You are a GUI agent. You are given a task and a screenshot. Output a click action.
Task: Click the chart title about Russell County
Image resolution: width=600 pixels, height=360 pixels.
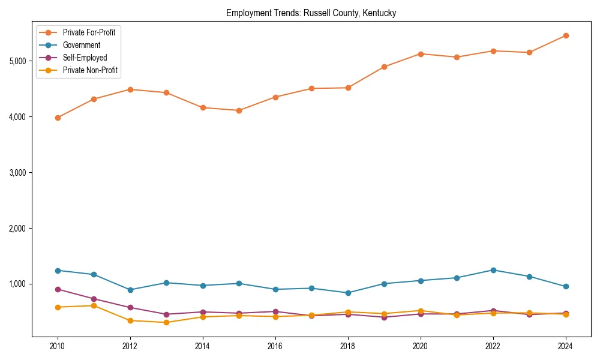click(311, 13)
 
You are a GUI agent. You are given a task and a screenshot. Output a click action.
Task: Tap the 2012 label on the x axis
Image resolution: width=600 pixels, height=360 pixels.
click(130, 347)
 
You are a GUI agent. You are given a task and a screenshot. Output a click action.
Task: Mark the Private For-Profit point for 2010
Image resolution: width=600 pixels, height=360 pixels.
click(58, 118)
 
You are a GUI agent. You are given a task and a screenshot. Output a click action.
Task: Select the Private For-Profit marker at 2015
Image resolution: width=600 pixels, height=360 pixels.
click(239, 110)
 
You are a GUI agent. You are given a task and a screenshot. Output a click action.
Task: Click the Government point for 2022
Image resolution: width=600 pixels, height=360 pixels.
click(493, 270)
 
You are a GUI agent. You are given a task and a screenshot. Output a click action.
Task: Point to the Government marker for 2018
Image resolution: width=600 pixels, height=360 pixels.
click(348, 293)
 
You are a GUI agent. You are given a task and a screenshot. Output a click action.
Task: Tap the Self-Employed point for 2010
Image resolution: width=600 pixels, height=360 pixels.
click(58, 289)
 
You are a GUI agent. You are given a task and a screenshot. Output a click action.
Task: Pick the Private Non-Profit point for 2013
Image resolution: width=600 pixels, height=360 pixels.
click(166, 323)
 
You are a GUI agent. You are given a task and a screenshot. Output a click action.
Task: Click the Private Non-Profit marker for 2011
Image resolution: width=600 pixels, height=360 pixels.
click(94, 305)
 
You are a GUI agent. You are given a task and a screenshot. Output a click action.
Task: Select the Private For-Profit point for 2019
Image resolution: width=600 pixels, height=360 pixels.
click(384, 67)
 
